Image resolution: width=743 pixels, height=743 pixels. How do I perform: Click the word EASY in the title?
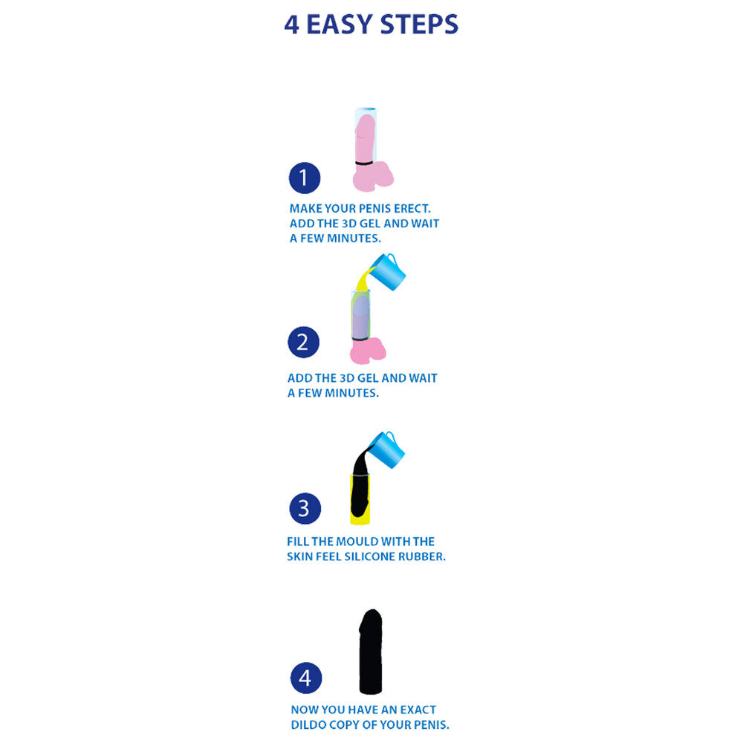click(x=339, y=25)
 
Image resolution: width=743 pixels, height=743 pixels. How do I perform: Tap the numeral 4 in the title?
click(x=292, y=25)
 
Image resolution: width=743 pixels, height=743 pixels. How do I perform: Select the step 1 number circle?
click(x=304, y=178)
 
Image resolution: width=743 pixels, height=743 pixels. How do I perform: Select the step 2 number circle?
click(x=302, y=343)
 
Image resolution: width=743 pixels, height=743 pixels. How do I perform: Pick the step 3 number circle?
click(x=304, y=509)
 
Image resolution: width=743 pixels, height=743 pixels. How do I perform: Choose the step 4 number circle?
click(x=305, y=678)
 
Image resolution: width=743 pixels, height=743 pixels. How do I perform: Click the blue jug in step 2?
click(x=389, y=272)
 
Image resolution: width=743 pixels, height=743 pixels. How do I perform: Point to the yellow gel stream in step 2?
click(x=365, y=280)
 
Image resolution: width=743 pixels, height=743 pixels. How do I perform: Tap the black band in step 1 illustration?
click(x=364, y=163)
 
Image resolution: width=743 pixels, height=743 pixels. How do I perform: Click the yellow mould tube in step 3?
click(x=355, y=513)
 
